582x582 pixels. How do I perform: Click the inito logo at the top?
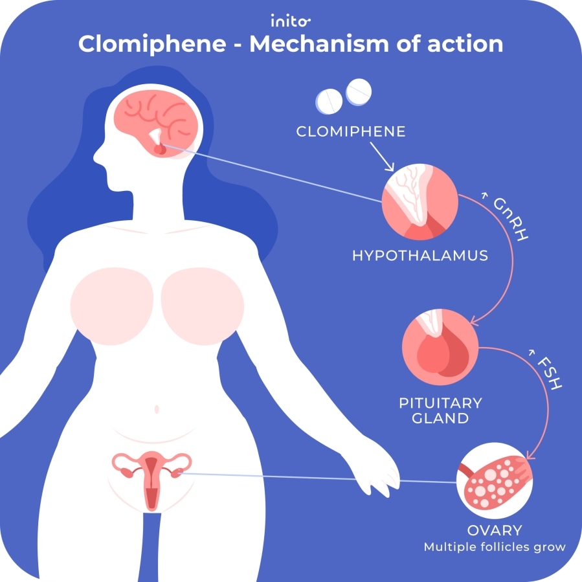291,21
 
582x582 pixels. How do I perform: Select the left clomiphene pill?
330,99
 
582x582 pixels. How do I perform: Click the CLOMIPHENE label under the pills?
351,131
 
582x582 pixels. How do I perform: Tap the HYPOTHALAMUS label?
420,255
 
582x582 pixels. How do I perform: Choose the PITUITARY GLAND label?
440,410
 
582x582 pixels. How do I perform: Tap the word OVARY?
494,530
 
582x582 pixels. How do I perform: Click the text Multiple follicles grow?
495,547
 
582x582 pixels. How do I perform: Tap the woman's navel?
156,409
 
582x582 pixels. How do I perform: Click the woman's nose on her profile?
97,155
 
